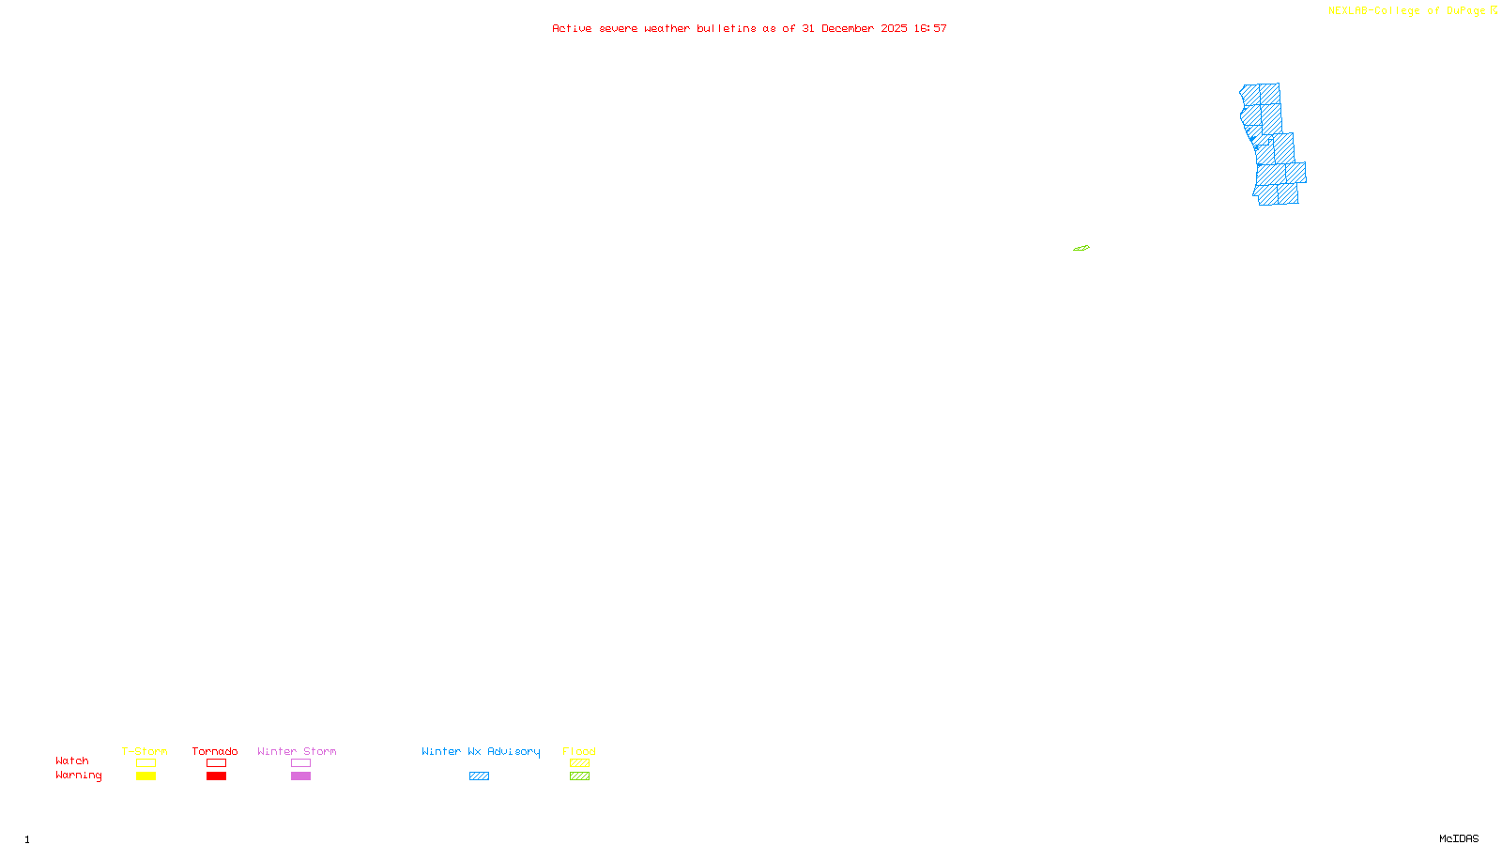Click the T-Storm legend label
coord(145,751)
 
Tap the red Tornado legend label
coord(215,751)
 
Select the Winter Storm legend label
coord(297,751)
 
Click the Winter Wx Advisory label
coord(481,751)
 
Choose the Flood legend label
coord(579,751)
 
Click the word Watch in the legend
coord(72,760)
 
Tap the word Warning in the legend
coord(78,776)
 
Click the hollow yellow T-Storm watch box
coord(146,763)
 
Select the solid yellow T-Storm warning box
coord(146,776)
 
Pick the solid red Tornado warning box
coord(216,776)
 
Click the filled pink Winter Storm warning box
coord(300,776)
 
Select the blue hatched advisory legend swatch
coord(479,776)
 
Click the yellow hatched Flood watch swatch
coord(579,763)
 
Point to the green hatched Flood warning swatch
coord(579,776)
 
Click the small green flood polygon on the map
coord(1081,248)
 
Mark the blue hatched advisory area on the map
coord(1272,150)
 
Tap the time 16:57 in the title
coord(930,28)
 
